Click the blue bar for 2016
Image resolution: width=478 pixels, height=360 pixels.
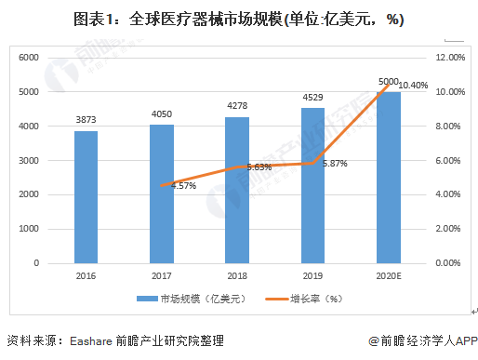pyautogui.click(x=86, y=197)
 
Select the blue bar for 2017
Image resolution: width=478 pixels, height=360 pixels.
pyautogui.click(x=162, y=193)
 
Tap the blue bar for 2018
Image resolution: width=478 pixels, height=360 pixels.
pyautogui.click(x=238, y=190)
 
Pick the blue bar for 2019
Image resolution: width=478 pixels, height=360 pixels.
pyautogui.click(x=313, y=186)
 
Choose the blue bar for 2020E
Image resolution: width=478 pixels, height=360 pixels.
pyautogui.click(x=389, y=178)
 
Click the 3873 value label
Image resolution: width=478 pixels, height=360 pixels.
pyautogui.click(x=86, y=120)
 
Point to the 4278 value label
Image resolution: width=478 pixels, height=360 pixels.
pyautogui.click(x=238, y=106)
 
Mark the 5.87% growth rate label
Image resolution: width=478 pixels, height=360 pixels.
pyautogui.click(x=335, y=164)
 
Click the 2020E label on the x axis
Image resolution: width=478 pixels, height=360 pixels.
pyautogui.click(x=390, y=276)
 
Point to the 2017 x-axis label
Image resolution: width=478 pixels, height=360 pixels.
pyautogui.click(x=162, y=276)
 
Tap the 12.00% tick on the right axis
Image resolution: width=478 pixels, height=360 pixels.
pyautogui.click(x=450, y=58)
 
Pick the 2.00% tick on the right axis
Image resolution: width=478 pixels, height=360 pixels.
pyautogui.click(x=450, y=229)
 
